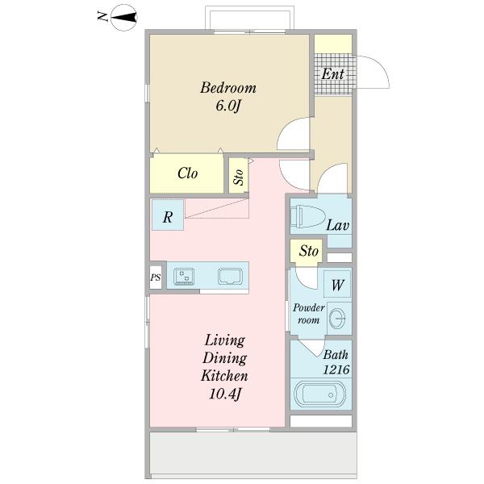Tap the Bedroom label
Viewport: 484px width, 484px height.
[x=228, y=88]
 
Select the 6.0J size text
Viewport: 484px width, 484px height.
[x=227, y=106]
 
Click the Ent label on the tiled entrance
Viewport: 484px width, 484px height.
[x=332, y=73]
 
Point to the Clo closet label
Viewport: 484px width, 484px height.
[x=187, y=173]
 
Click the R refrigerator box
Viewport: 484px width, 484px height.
[x=168, y=215]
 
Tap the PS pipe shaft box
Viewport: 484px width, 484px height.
[x=156, y=277]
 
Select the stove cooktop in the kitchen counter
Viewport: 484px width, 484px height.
[x=184, y=276]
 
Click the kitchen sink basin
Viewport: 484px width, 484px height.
[x=230, y=276]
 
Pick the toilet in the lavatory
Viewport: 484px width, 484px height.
[x=308, y=216]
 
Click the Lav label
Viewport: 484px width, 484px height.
[x=338, y=225]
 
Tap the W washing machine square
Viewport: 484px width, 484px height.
[x=337, y=284]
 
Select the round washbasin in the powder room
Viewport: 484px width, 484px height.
[x=337, y=319]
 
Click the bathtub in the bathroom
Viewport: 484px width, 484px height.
[x=319, y=394]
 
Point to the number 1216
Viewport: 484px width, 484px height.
[x=336, y=369]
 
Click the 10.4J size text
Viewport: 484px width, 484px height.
[x=225, y=394]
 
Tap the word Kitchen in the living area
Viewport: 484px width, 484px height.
[x=224, y=376]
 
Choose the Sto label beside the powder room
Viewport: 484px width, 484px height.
[x=309, y=251]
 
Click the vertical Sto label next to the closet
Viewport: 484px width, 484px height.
[x=239, y=177]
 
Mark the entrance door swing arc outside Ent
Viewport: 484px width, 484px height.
[x=382, y=67]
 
